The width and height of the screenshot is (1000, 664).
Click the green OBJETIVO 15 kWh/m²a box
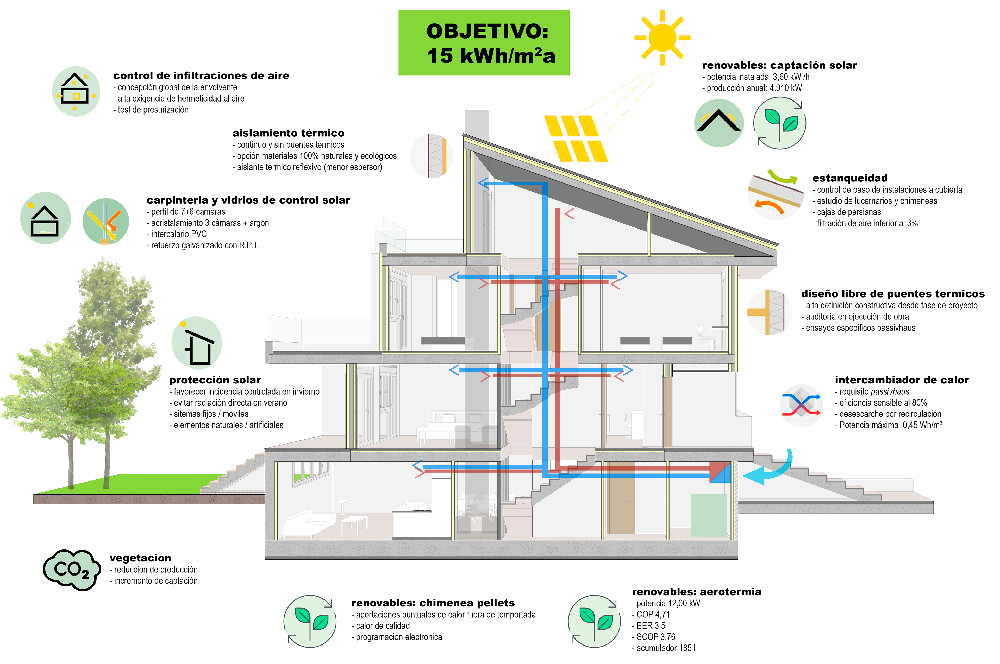click(x=484, y=43)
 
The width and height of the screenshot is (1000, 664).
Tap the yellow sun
click(x=661, y=37)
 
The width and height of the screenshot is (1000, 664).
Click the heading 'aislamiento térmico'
click(x=288, y=133)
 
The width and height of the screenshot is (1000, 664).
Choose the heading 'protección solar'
click(x=215, y=380)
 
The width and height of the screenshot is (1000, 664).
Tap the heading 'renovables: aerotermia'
click(x=697, y=592)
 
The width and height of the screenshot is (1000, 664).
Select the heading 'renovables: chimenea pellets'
click(x=433, y=603)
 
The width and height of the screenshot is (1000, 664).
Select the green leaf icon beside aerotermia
click(x=594, y=621)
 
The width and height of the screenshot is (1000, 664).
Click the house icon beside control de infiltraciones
click(x=76, y=91)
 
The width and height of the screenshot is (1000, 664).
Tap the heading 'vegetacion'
click(x=140, y=558)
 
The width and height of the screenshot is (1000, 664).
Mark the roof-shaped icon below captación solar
click(x=719, y=123)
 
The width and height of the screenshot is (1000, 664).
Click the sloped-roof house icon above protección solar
click(x=197, y=343)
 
